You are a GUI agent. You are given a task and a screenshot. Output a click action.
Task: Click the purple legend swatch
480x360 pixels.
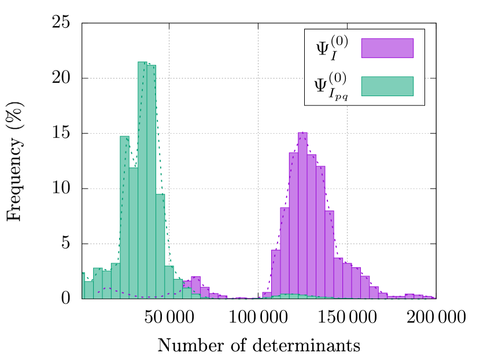[387, 48]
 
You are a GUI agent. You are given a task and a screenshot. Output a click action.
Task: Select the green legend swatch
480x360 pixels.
[387, 86]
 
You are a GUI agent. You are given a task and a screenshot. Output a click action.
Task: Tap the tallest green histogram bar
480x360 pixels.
[142, 179]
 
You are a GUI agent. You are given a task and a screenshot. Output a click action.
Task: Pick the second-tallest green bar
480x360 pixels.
[151, 182]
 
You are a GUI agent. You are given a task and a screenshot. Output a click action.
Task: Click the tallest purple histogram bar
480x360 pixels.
[302, 214]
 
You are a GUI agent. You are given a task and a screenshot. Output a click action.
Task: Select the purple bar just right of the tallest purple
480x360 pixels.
[311, 226]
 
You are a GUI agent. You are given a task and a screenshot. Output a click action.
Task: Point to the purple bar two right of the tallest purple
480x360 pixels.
[320, 232]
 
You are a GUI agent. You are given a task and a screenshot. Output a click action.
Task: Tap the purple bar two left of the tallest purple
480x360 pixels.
[285, 252]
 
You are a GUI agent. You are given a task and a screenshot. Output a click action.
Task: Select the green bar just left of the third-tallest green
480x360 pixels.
[116, 281]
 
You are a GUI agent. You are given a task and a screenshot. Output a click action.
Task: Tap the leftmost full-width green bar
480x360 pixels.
[89, 289]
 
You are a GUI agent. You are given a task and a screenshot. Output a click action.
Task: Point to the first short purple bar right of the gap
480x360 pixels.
[267, 295]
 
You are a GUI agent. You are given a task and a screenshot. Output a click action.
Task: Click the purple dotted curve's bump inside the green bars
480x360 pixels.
[107, 288]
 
